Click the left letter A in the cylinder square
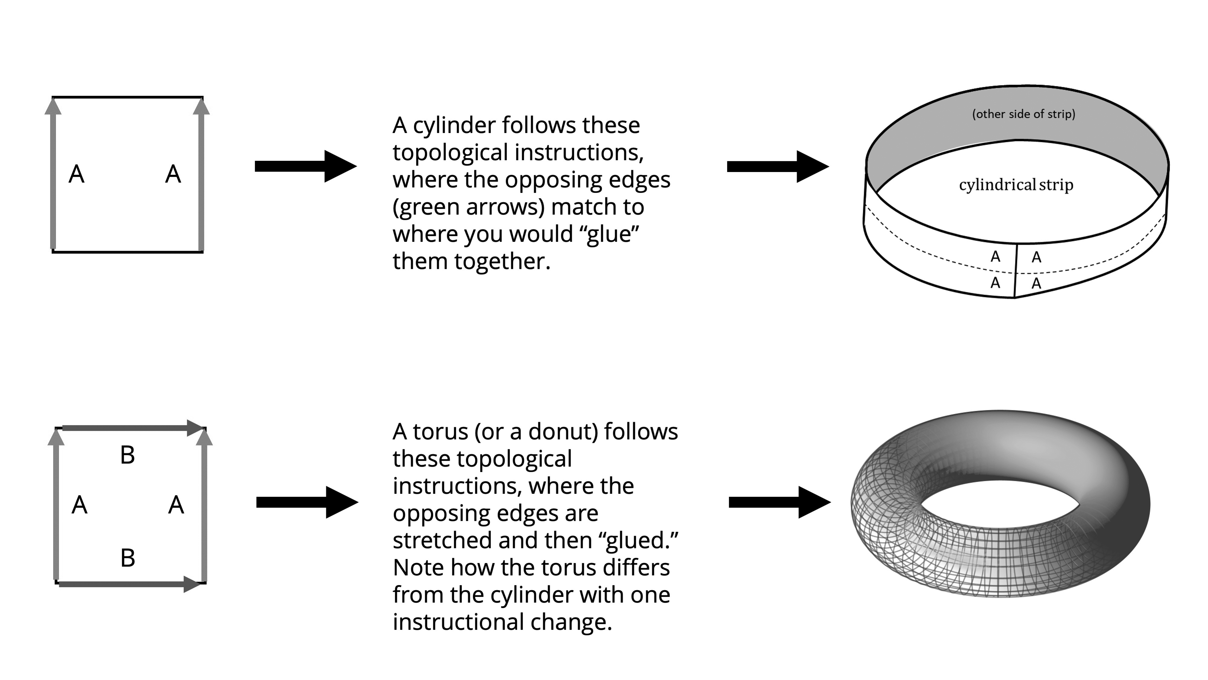76,174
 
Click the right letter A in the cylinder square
173,174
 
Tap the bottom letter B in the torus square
127,558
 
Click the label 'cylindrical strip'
1016,185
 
